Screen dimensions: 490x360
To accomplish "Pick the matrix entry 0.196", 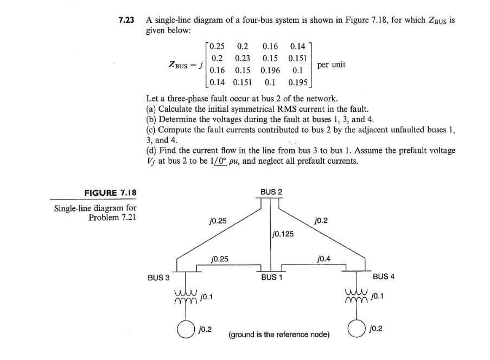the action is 270,70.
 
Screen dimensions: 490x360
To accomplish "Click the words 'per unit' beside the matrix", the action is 332,65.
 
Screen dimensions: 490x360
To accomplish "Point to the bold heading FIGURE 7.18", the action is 110,192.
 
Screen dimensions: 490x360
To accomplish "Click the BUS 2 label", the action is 271,192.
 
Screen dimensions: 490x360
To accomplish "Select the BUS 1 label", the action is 271,277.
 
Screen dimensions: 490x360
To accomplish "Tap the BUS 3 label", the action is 158,277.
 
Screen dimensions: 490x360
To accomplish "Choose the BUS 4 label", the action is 384,277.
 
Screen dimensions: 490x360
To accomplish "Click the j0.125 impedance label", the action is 283,235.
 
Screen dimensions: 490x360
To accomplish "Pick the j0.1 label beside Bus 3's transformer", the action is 206,297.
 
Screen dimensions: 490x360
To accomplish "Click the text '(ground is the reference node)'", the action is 279,335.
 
